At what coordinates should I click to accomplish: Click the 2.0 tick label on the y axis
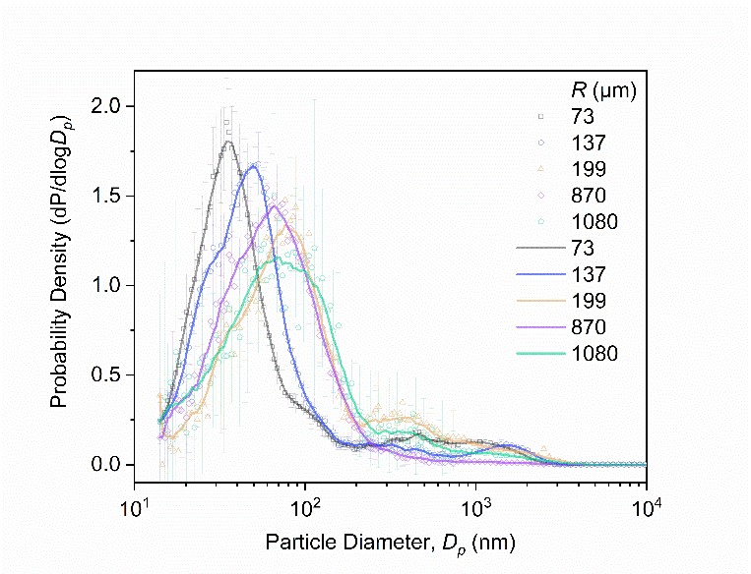pos(109,105)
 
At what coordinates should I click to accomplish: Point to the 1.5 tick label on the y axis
pos(109,195)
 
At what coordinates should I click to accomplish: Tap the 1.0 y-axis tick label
pos(109,285)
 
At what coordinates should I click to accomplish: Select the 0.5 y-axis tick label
pos(109,374)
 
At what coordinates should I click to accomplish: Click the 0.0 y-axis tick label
pos(109,464)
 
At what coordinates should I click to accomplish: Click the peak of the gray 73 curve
pos(229,142)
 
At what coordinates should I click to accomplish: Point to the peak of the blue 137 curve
pos(254,166)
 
